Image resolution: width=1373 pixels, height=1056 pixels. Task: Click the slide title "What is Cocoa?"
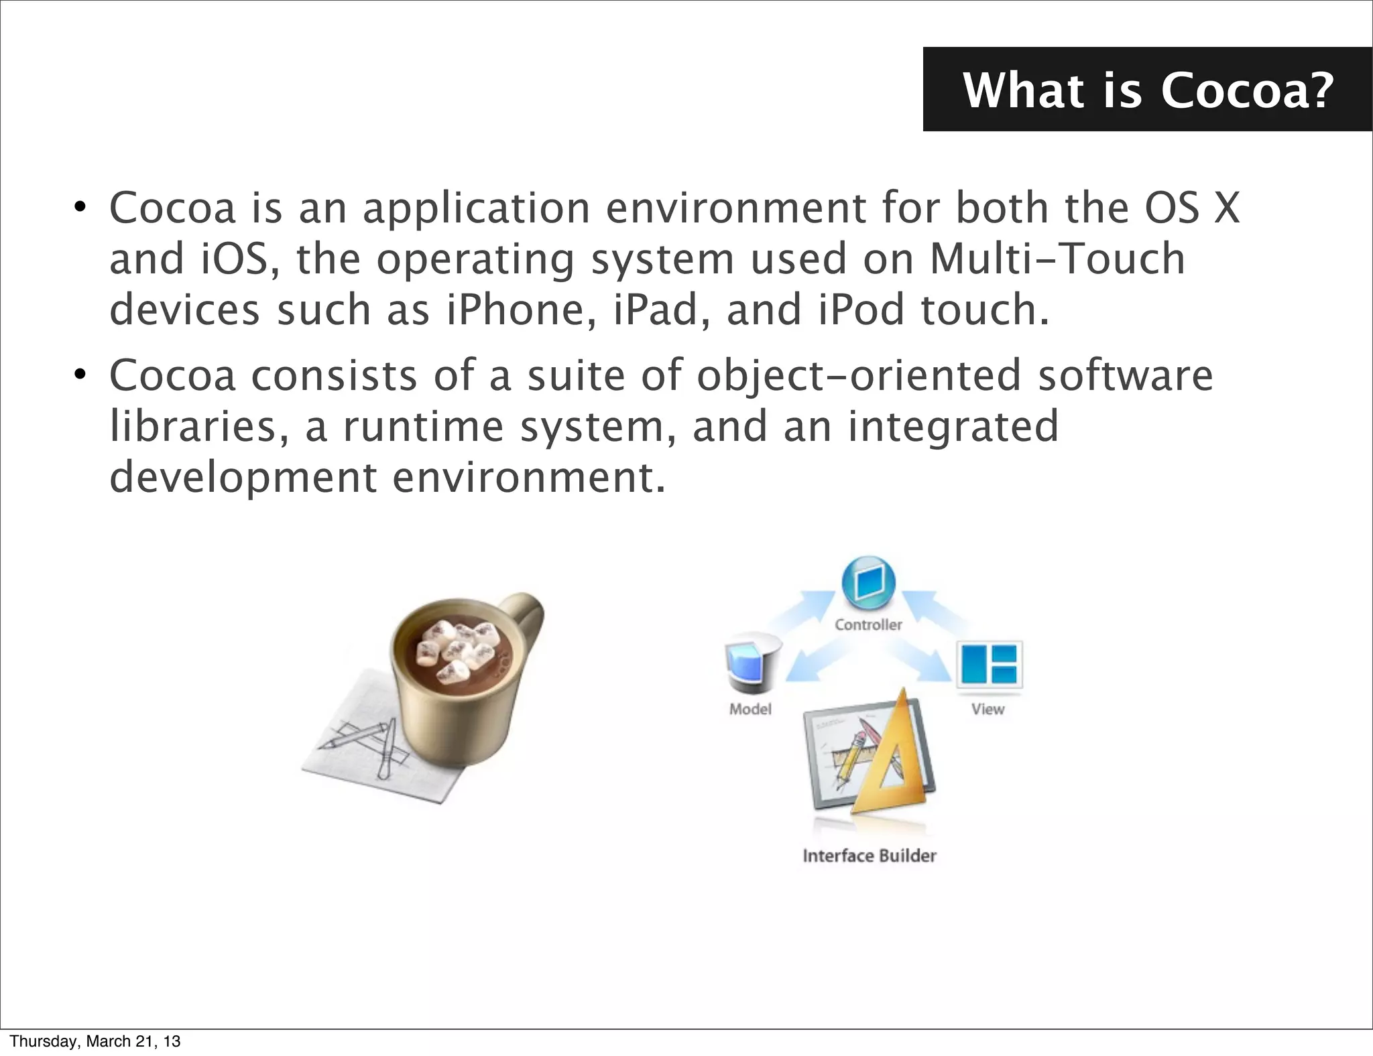(x=1148, y=90)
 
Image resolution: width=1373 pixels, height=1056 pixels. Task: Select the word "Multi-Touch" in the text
(x=1057, y=259)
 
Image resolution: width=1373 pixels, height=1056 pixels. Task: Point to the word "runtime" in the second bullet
(x=423, y=427)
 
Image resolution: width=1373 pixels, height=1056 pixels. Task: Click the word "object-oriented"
(x=859, y=376)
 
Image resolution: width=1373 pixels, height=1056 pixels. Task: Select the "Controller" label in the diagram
(x=868, y=624)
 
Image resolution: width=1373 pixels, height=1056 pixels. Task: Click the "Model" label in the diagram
(x=750, y=709)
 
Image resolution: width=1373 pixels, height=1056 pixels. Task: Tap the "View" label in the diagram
(x=988, y=709)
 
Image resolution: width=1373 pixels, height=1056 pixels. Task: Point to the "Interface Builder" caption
(x=869, y=856)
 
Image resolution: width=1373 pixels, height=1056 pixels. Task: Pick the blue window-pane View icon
(x=990, y=663)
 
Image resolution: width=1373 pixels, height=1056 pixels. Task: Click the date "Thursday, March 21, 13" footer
(x=95, y=1041)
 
